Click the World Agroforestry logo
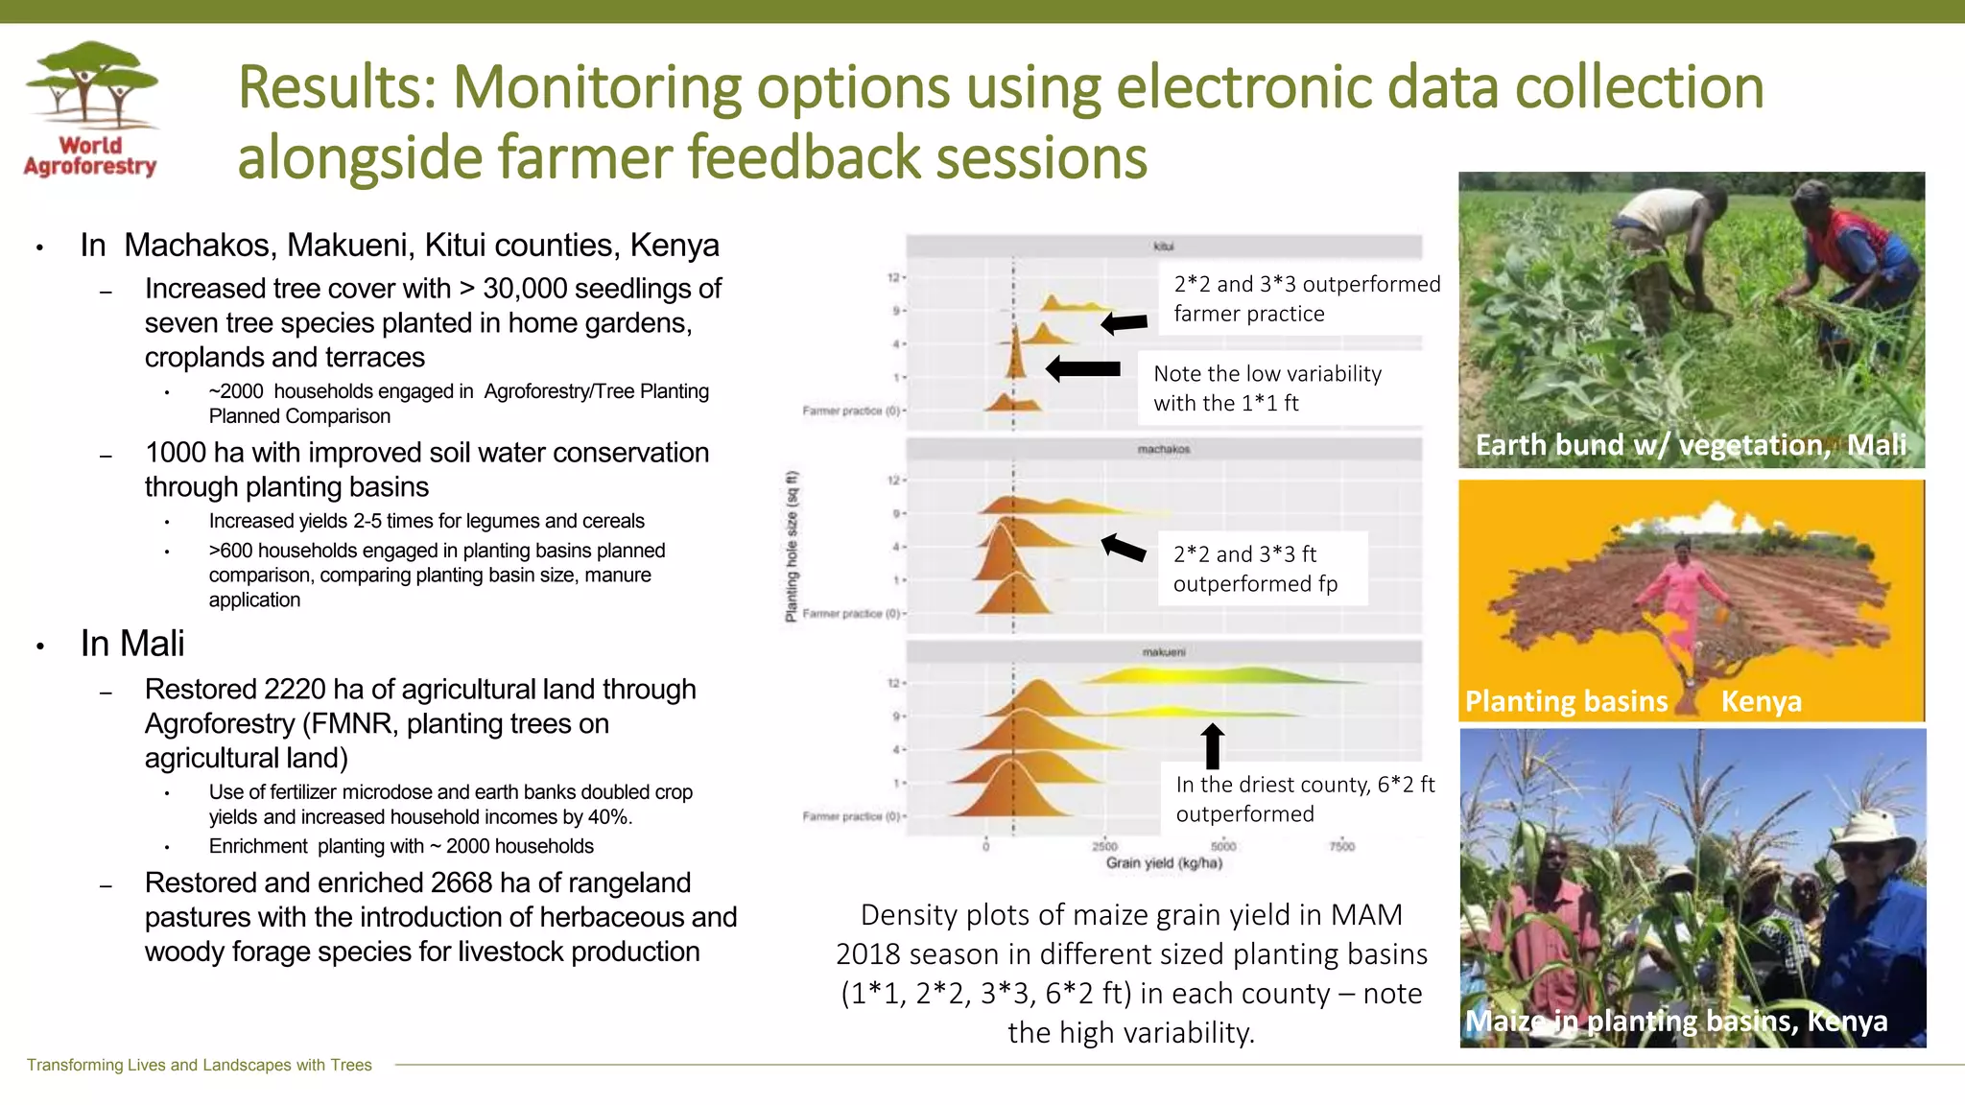tap(91, 109)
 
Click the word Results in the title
tap(337, 87)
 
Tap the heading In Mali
tap(132, 644)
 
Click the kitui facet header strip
tap(1163, 247)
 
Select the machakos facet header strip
tap(1163, 449)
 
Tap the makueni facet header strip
tap(1163, 652)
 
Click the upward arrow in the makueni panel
tap(1213, 745)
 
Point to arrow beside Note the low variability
tap(1083, 368)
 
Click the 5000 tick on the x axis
tap(1223, 846)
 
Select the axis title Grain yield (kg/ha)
tap(1164, 863)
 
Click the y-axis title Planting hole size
tap(792, 547)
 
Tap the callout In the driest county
tap(1304, 799)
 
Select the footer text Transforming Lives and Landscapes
tap(200, 1065)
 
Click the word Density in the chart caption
tap(909, 915)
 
